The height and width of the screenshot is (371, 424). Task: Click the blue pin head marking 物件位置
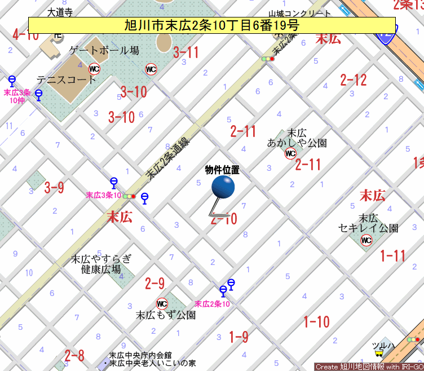tap(223, 187)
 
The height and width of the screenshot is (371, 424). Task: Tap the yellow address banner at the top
tap(211, 25)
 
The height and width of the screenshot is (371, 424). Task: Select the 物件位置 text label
tap(222, 170)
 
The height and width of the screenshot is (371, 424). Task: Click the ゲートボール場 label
tap(104, 51)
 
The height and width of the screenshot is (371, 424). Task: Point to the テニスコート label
tap(67, 79)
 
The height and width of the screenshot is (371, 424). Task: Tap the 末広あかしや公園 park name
tap(297, 138)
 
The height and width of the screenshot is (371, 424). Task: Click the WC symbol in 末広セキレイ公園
tap(366, 241)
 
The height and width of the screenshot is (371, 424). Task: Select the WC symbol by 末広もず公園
tap(162, 303)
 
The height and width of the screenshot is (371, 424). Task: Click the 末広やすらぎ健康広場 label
tap(101, 264)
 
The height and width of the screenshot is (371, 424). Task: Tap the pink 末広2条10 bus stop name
tap(212, 304)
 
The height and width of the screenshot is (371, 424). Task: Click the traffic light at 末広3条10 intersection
tap(129, 196)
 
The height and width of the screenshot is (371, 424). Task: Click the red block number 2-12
tap(354, 80)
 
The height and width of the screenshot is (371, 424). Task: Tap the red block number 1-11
tap(392, 256)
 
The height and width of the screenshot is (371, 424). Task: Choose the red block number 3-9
tap(54, 188)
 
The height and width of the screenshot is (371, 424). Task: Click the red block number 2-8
tap(74, 356)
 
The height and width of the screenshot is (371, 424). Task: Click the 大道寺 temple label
tap(60, 11)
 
